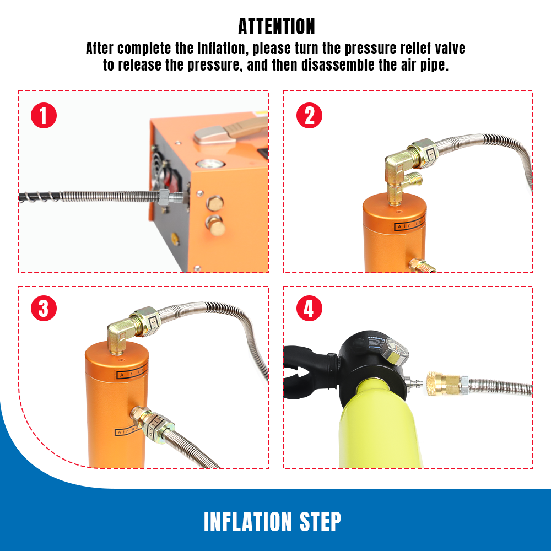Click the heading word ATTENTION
coord(277,26)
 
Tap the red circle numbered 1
coord(44,116)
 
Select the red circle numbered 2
coord(309,116)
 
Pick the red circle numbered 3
coord(44,309)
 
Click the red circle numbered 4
coord(309,309)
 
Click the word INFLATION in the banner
coord(248,521)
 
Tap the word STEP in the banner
coord(319,521)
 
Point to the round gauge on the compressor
coord(209,166)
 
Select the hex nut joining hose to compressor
coord(165,196)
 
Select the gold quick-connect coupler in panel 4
coord(444,383)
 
